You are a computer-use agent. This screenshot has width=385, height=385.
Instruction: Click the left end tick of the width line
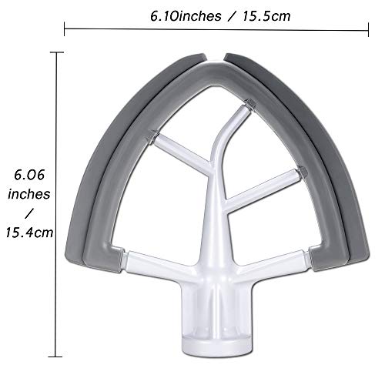pos(65,29)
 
